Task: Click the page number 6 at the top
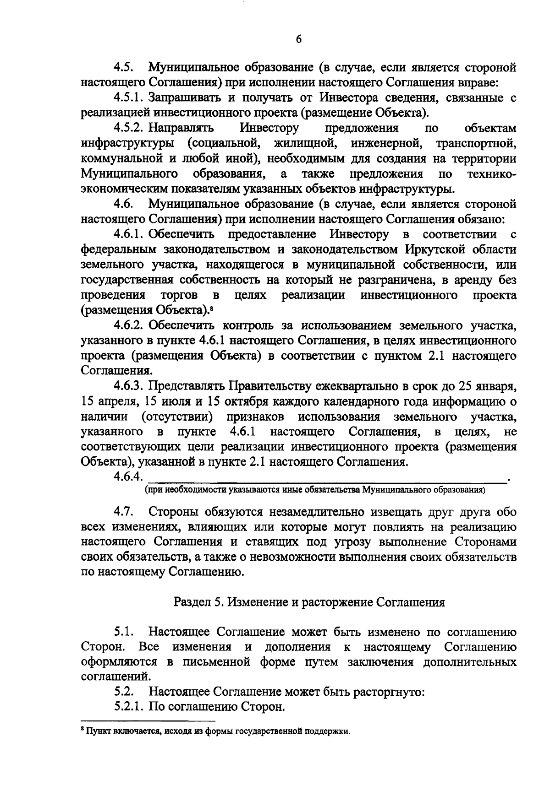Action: point(298,39)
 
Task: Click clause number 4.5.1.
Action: point(129,98)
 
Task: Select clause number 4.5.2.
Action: point(129,128)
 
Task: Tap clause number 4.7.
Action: point(124,512)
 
